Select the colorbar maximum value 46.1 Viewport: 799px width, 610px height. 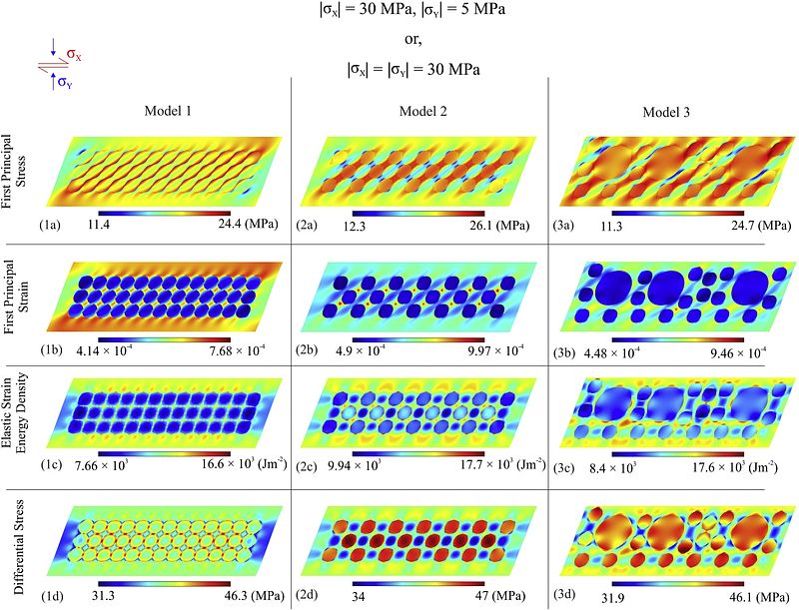[726, 596]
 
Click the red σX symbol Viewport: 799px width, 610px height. [74, 56]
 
